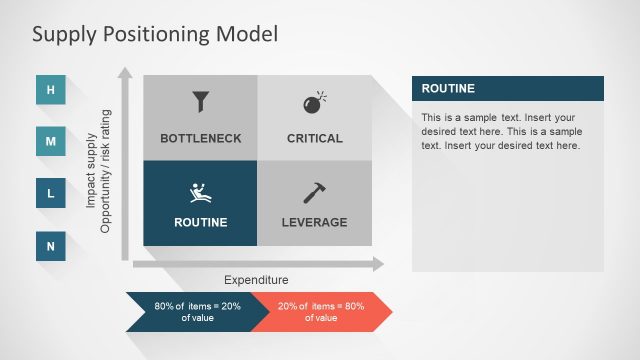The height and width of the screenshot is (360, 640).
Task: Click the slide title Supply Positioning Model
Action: (154, 34)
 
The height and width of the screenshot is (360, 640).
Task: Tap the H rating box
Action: (51, 90)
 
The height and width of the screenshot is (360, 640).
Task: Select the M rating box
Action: (51, 142)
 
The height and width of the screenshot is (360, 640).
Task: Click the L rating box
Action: (51, 194)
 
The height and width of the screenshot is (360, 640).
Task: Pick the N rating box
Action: (51, 246)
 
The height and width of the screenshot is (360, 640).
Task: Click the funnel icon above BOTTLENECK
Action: (200, 102)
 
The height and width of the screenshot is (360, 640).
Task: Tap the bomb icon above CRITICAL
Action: (314, 102)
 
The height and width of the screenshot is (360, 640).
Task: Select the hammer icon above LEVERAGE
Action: (314, 193)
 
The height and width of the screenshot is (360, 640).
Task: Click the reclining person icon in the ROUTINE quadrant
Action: (200, 193)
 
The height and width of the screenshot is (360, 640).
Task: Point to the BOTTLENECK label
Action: (200, 138)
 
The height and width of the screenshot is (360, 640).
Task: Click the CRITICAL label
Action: (314, 138)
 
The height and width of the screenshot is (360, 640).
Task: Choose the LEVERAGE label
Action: (314, 222)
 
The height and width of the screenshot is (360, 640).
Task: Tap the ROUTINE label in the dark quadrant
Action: (200, 222)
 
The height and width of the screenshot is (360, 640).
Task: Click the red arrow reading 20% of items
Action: (320, 311)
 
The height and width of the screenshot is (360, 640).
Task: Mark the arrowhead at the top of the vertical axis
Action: (125, 73)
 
